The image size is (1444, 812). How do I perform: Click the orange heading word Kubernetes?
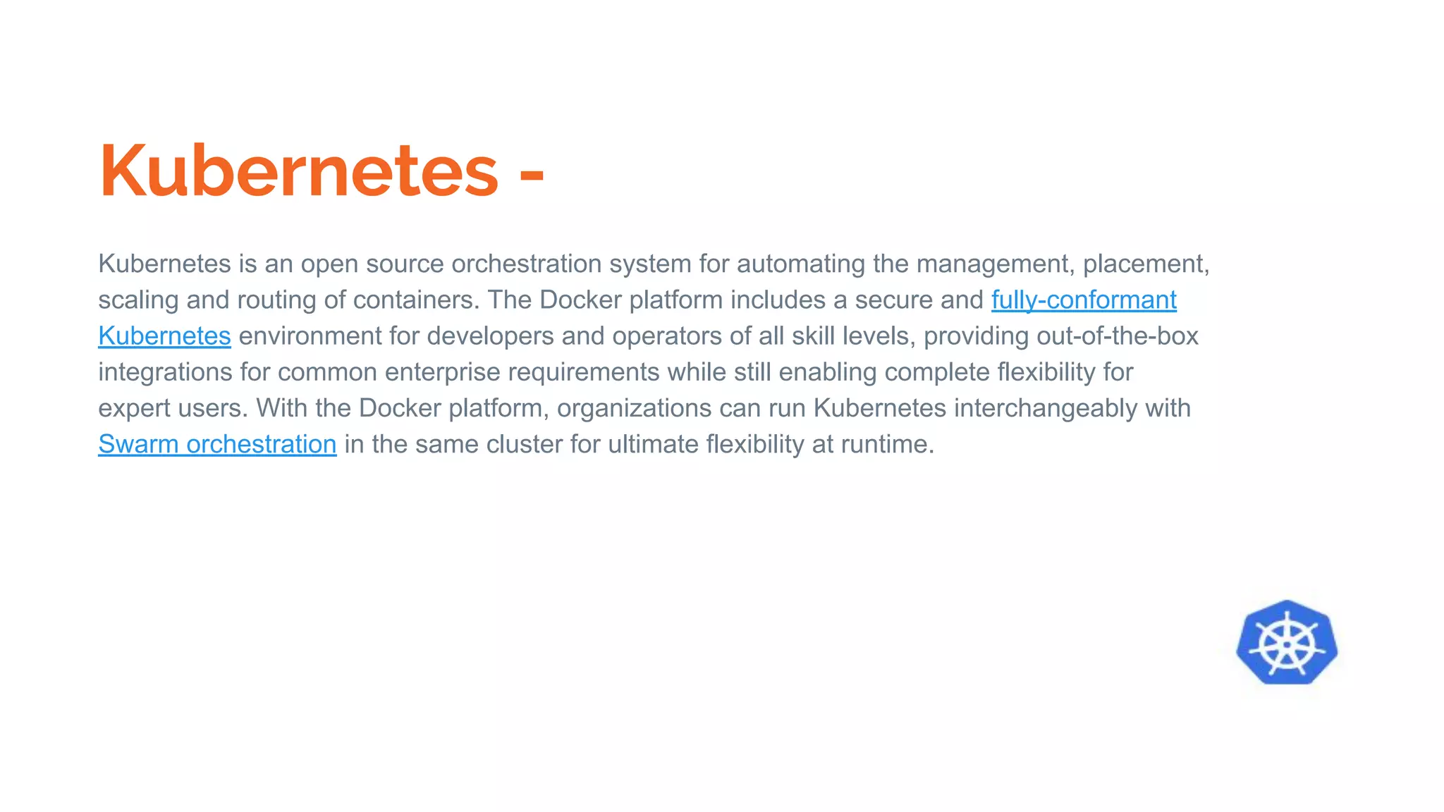click(299, 171)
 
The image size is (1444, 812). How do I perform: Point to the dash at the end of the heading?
click(532, 176)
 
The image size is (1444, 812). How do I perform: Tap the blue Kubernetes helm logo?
click(1287, 643)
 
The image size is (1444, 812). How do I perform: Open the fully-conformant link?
click(1084, 300)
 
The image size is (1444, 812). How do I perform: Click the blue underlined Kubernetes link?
click(164, 336)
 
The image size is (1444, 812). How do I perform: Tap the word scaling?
click(138, 300)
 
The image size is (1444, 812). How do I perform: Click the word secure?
click(892, 300)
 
